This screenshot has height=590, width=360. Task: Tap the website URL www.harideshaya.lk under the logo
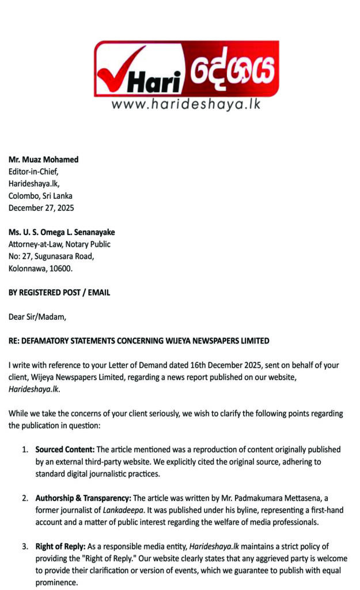coord(185,104)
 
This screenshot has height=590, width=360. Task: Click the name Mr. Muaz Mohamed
coord(43,160)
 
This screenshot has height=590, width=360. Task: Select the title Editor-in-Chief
coord(33,171)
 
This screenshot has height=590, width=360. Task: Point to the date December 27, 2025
coord(41,207)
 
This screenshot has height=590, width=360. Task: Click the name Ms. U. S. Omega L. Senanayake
coord(62,232)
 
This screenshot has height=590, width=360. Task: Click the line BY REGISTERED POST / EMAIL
coord(59,293)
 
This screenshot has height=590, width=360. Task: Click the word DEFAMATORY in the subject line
coord(50,341)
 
